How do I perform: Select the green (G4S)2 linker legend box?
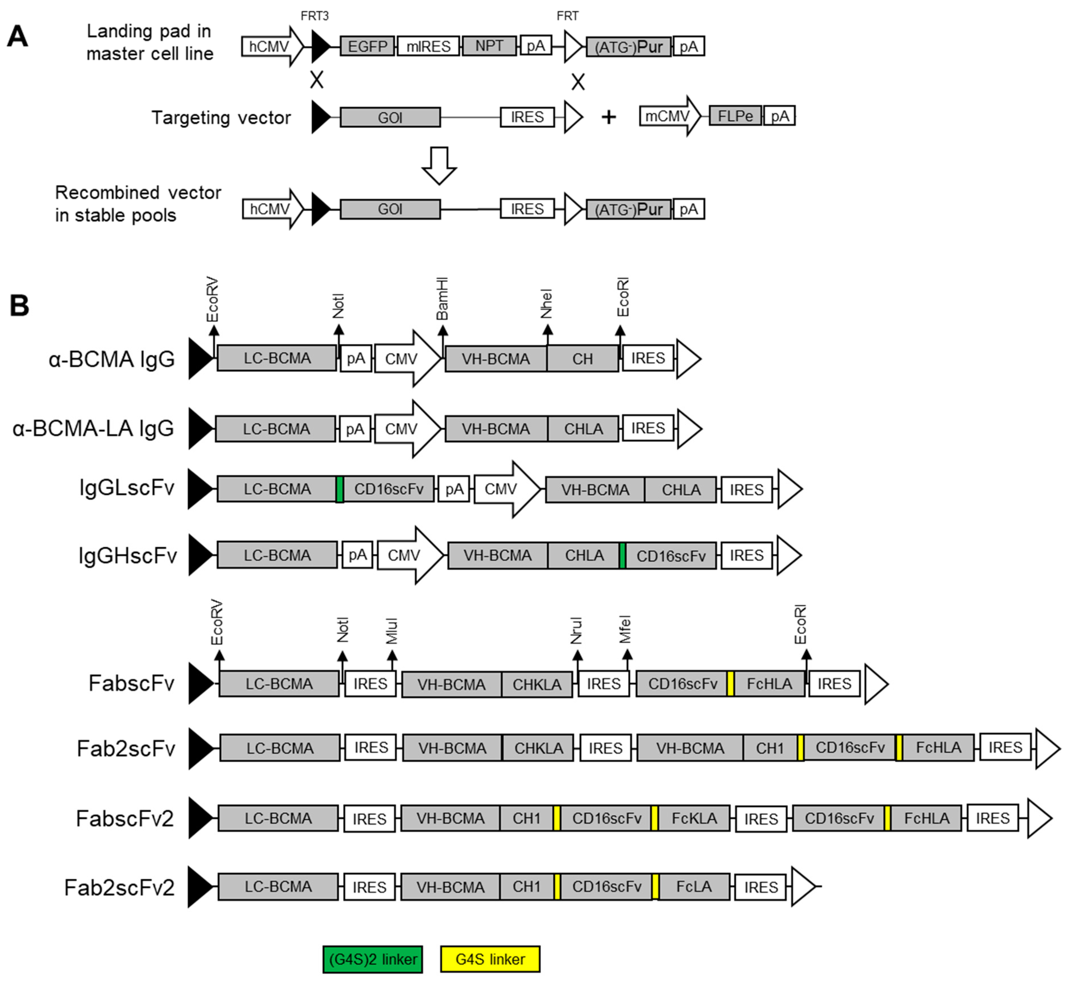(373, 959)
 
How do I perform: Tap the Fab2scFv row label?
(126, 748)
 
